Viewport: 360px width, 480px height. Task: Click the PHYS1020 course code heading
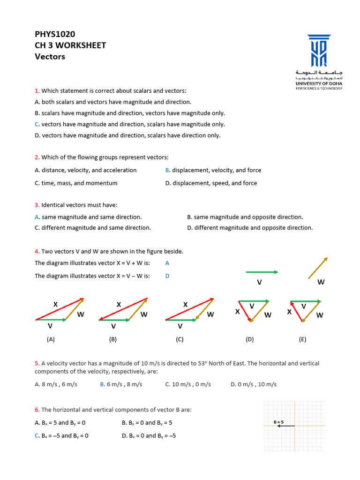point(55,34)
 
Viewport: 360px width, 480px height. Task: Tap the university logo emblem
point(319,50)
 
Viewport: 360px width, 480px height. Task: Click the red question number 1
point(37,90)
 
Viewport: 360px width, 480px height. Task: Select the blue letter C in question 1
point(37,124)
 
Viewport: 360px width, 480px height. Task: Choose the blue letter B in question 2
point(167,170)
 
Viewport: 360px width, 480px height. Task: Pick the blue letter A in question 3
point(37,217)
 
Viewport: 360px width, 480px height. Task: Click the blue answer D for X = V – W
point(167,276)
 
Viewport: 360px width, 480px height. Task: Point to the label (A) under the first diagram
point(51,339)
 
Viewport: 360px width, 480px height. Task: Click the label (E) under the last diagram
point(302,339)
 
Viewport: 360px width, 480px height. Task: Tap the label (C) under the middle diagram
point(180,339)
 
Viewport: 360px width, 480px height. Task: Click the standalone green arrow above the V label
point(262,272)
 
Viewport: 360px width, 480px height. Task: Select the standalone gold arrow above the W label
point(318,268)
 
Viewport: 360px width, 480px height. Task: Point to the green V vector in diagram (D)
point(254,301)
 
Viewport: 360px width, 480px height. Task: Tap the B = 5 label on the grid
point(279,422)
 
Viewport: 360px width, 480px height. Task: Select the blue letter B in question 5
point(102,384)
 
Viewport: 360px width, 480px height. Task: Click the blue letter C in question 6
point(37,435)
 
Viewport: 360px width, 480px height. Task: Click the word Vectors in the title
point(50,57)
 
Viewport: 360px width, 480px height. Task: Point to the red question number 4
point(37,251)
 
